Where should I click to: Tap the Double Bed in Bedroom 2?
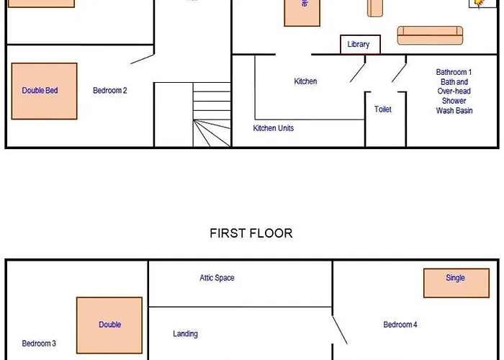point(45,91)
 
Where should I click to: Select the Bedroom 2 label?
point(110,91)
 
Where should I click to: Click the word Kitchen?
point(305,81)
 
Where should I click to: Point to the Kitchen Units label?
point(273,128)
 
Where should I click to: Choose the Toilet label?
point(383,109)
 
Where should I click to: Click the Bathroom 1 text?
point(454,72)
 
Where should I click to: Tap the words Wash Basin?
point(454,111)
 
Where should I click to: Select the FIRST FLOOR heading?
point(251,233)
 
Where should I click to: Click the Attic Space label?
point(217,278)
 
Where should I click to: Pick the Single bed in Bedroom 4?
point(451,282)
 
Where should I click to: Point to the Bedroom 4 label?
point(400,325)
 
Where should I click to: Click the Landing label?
point(185,334)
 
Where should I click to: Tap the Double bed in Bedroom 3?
point(109,325)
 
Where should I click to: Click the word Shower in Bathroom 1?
point(454,101)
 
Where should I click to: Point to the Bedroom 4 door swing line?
point(339,329)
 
